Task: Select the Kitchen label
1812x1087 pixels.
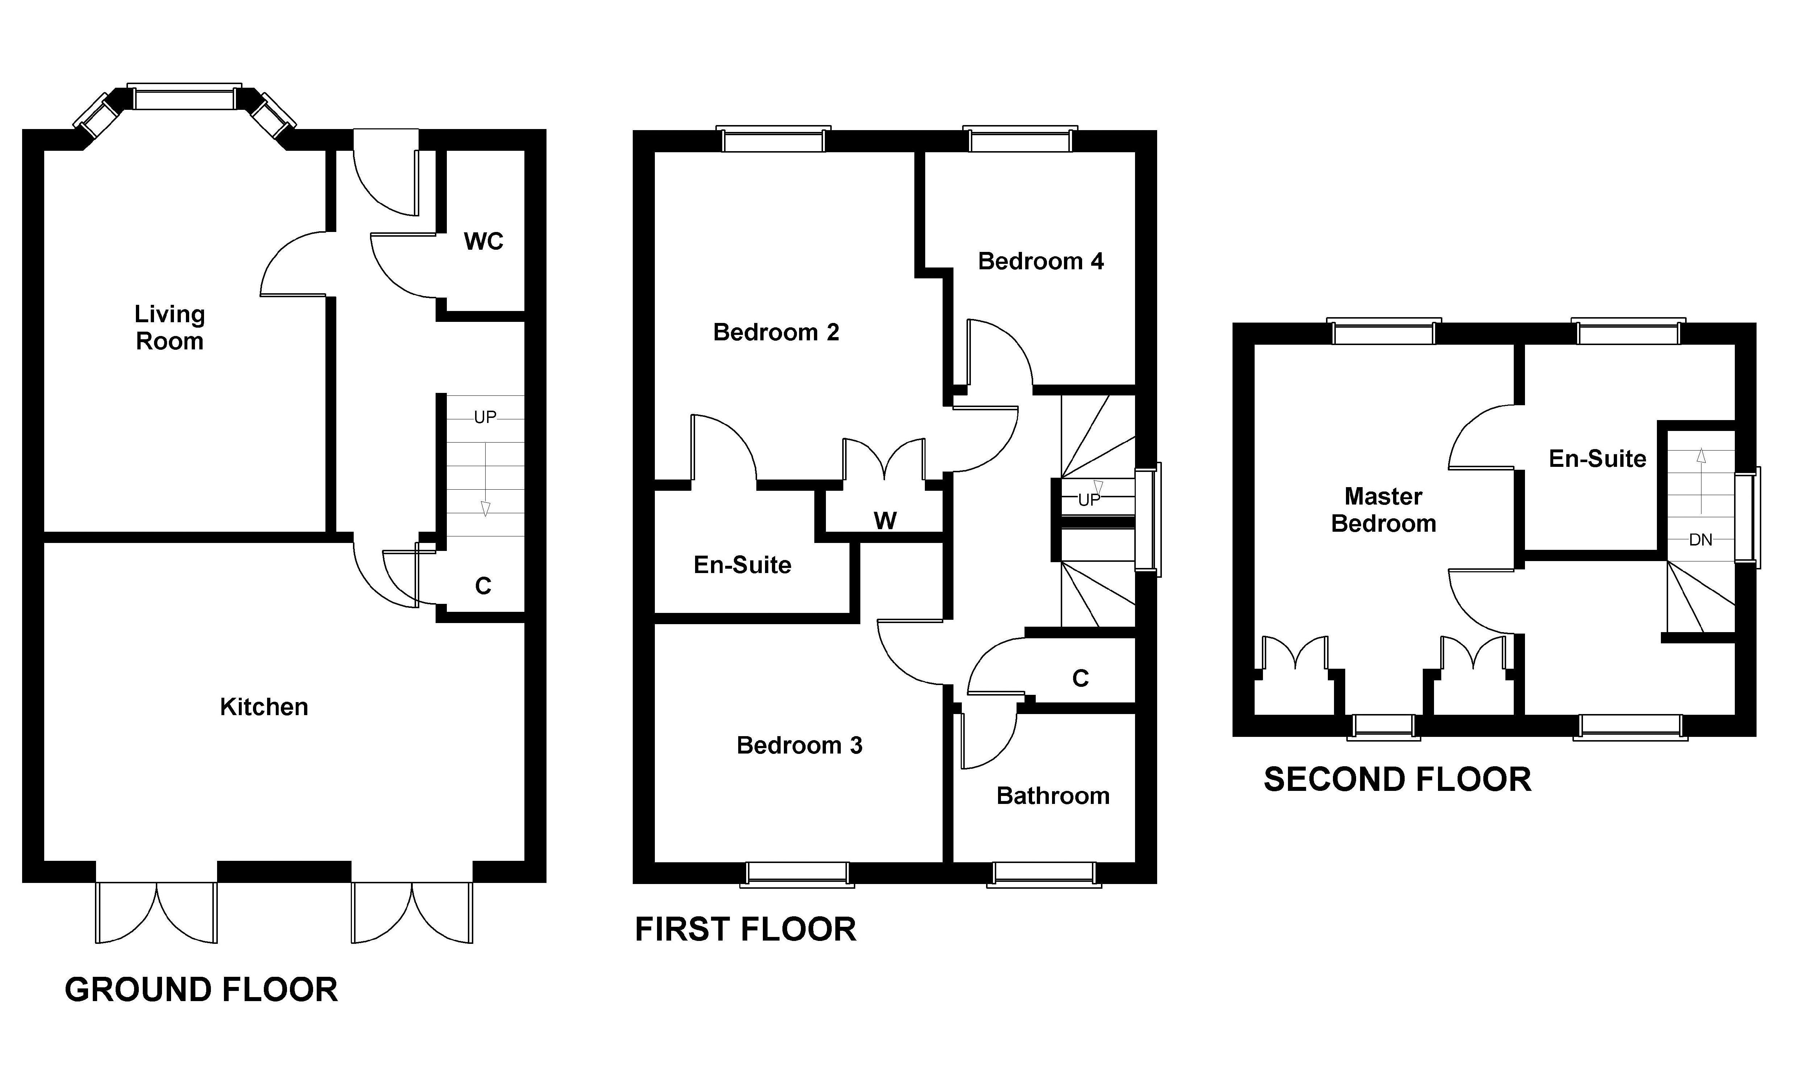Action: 264,707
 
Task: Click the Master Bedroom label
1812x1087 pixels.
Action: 1383,510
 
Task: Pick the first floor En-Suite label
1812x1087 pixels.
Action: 742,565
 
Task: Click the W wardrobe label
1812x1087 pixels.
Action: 885,521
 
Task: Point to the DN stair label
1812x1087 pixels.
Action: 1700,540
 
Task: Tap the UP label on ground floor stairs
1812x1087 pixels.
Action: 485,417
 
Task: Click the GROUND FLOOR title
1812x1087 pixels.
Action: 201,989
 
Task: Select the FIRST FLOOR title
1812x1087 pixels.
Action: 745,929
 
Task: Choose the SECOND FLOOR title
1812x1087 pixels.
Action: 1397,779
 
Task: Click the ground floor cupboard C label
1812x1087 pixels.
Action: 483,586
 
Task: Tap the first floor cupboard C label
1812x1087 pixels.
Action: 1080,678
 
